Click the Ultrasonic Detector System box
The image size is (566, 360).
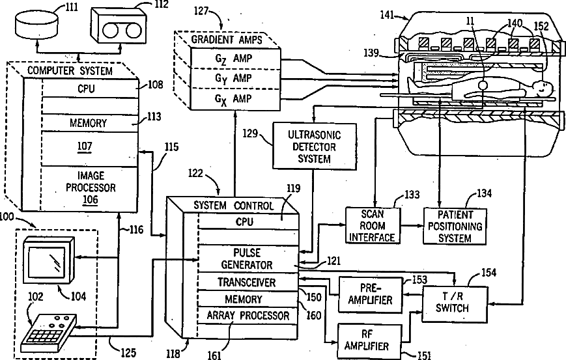point(313,147)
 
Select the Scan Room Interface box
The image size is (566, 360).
point(372,225)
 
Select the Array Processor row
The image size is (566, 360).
point(247,316)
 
